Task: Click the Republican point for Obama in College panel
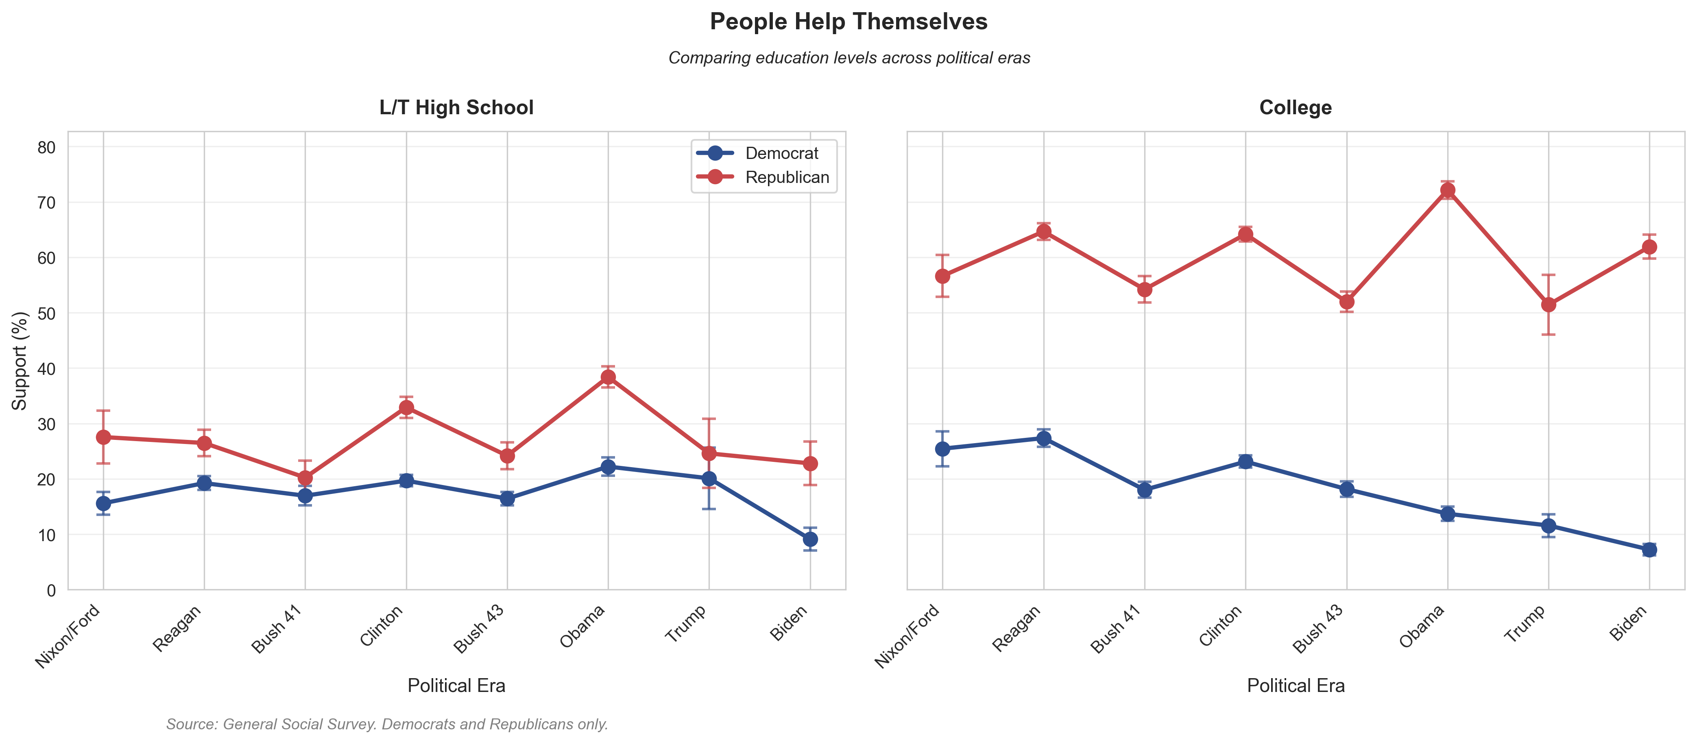pyautogui.click(x=1447, y=190)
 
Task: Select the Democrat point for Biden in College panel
pyautogui.click(x=1649, y=550)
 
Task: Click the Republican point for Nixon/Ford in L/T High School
pyautogui.click(x=103, y=437)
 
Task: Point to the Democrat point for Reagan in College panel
pyautogui.click(x=1043, y=439)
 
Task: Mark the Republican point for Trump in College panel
pyautogui.click(x=1548, y=305)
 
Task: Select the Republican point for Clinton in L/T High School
pyautogui.click(x=406, y=407)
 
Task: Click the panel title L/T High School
pyautogui.click(x=456, y=108)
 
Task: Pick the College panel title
pyautogui.click(x=1295, y=108)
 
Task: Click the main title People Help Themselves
pyautogui.click(x=848, y=22)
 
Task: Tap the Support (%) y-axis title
pyautogui.click(x=20, y=361)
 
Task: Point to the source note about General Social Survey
pyautogui.click(x=387, y=724)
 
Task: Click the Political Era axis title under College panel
pyautogui.click(x=1295, y=686)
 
